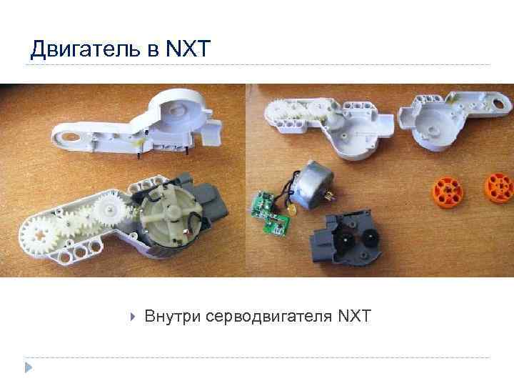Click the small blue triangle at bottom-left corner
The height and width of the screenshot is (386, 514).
[28, 368]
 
